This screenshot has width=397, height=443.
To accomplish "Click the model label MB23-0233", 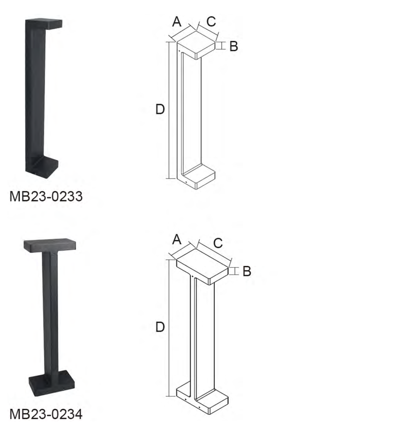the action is pyautogui.click(x=46, y=196).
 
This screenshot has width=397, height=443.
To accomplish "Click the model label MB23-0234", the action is pyautogui.click(x=46, y=414).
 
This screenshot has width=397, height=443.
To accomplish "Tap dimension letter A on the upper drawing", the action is pyautogui.click(x=177, y=22).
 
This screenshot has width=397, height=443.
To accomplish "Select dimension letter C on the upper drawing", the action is pyautogui.click(x=211, y=22).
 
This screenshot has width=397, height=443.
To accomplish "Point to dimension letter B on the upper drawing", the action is pyautogui.click(x=234, y=46).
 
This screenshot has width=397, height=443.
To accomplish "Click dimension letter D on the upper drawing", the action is pyautogui.click(x=160, y=109).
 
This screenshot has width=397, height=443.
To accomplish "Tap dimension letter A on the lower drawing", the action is pyautogui.click(x=177, y=240).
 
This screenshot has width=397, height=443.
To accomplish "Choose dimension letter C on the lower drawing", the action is pyautogui.click(x=218, y=243).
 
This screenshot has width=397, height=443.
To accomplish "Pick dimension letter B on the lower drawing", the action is pyautogui.click(x=247, y=271).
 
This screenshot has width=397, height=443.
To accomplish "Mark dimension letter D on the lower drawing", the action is pyautogui.click(x=160, y=327).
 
